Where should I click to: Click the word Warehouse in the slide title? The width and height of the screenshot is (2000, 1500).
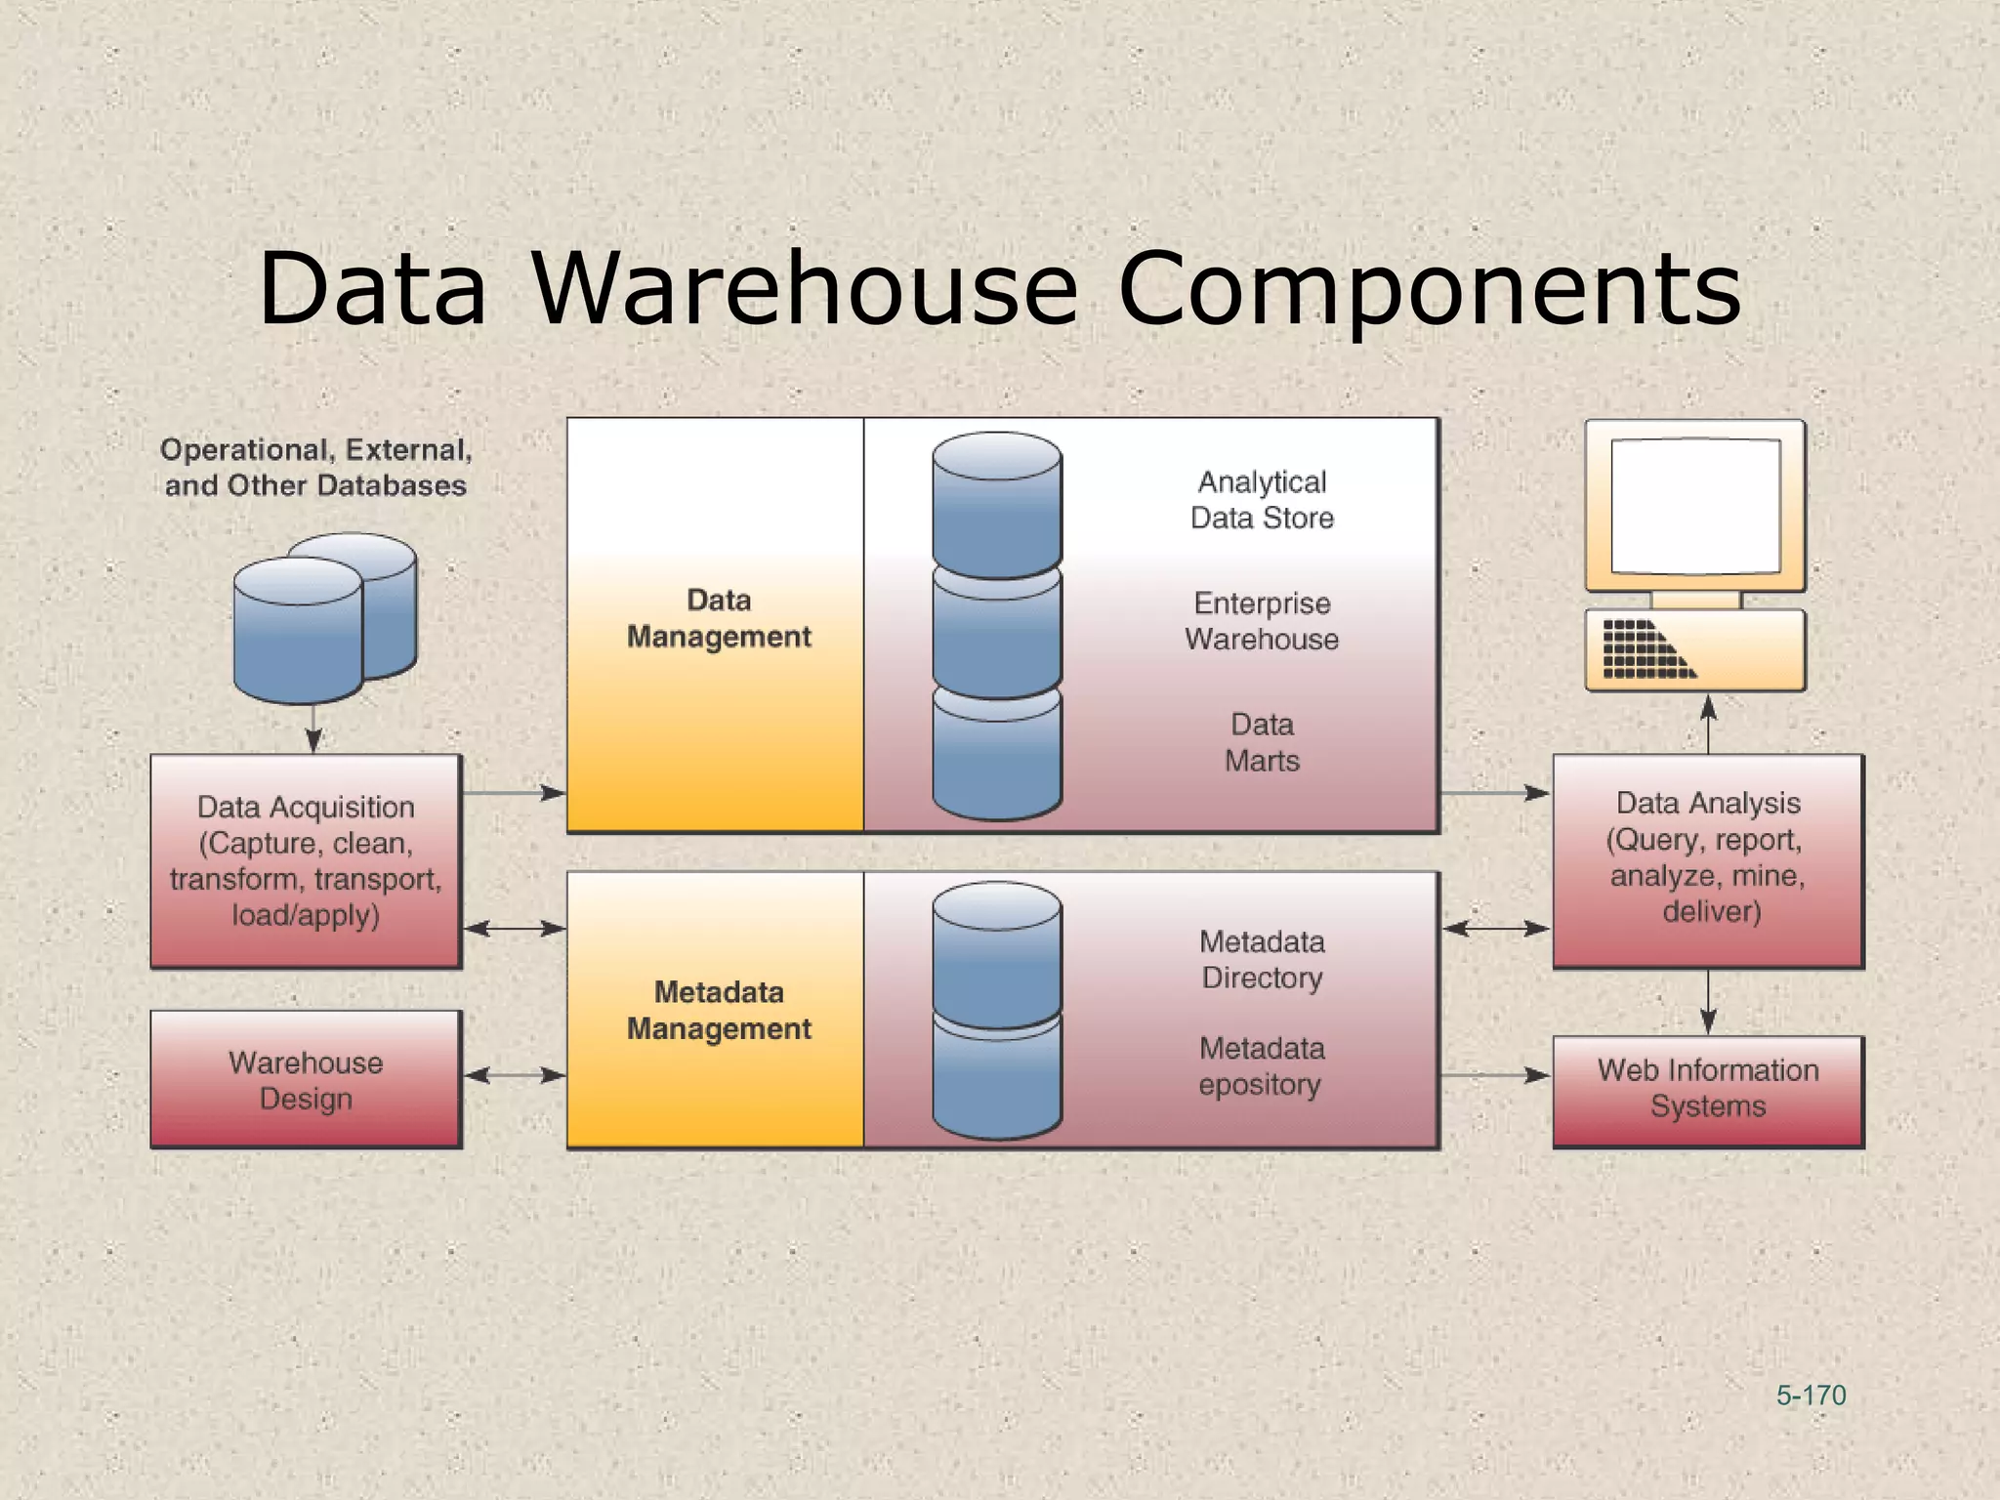coord(804,289)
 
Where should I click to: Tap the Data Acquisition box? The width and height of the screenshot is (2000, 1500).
coord(306,860)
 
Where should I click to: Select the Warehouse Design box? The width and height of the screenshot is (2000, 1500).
coord(306,1079)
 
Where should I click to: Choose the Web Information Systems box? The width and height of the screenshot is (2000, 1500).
coord(1708,1089)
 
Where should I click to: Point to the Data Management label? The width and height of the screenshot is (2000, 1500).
coord(719,618)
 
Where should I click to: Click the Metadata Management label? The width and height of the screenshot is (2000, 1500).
coord(719,1010)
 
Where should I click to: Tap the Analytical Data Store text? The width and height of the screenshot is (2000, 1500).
coord(1262,500)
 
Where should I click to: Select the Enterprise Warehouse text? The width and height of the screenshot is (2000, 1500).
coord(1262,621)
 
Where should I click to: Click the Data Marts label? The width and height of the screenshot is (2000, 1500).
coord(1262,742)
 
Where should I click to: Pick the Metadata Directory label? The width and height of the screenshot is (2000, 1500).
coord(1262,959)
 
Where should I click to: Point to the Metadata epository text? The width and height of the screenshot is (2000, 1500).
coord(1262,1066)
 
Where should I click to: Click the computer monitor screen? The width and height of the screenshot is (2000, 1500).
coord(1695,506)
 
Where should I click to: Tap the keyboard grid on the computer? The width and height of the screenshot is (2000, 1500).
coord(1647,648)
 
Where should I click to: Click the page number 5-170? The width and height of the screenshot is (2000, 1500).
coord(1811,1396)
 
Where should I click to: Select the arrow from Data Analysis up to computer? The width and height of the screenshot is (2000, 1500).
coord(1708,724)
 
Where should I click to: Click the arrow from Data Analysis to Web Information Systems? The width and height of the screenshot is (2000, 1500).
coord(1708,1002)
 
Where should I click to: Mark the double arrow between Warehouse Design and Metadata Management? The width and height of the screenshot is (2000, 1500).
coord(515,1075)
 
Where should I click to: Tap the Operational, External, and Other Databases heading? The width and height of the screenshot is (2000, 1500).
coord(315,468)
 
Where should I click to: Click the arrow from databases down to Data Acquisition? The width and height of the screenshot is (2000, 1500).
coord(313,729)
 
